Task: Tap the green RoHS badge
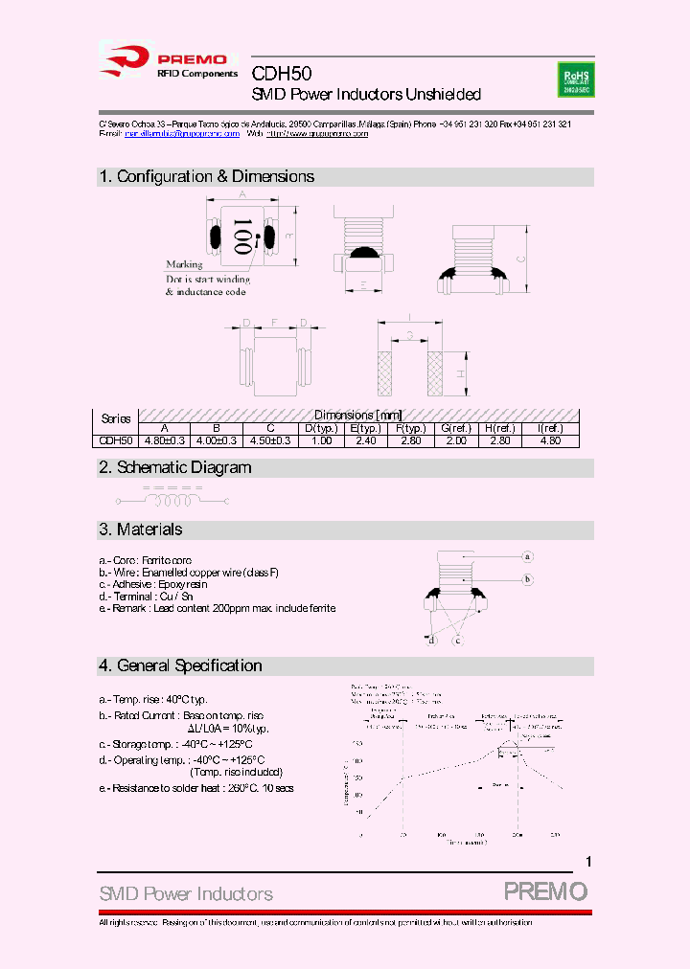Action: pos(575,79)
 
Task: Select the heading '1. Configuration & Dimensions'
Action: pos(206,177)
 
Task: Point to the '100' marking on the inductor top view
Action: pos(242,235)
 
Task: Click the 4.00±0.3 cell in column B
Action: pos(217,441)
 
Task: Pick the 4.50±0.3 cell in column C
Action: pos(270,441)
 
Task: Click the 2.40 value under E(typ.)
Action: pos(365,441)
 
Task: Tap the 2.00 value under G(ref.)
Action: pos(457,441)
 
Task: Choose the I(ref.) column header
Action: pos(550,428)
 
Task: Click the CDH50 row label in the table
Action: pos(116,441)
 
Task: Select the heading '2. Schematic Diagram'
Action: pos(175,468)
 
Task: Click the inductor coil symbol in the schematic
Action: pos(173,500)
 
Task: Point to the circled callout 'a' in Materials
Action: pos(528,555)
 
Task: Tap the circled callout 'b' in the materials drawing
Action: pos(528,579)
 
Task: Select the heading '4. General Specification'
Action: pos(180,666)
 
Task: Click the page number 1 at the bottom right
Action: pos(588,862)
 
